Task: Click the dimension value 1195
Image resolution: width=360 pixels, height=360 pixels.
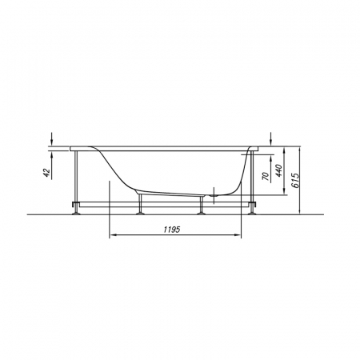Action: coord(172,229)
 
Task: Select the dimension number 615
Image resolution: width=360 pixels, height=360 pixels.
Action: coord(296,181)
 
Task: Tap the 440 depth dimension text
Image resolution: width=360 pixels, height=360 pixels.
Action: coord(278,170)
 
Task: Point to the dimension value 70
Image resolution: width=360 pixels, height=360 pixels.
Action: coord(266,176)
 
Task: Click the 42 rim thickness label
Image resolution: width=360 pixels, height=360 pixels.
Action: coord(46,173)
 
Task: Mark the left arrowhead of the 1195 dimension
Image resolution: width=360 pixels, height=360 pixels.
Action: coord(113,234)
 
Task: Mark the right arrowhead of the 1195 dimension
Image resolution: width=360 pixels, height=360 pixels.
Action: coord(238,234)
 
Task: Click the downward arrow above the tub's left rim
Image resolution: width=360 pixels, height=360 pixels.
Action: coord(52,138)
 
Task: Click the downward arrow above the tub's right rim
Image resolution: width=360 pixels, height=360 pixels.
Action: coord(270,138)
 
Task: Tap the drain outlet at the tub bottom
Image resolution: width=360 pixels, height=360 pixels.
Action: coord(214,195)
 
